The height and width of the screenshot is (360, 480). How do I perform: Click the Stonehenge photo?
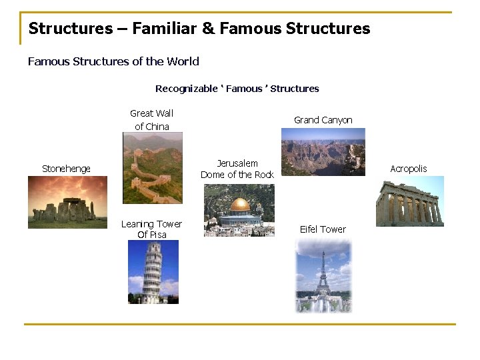tap(67, 202)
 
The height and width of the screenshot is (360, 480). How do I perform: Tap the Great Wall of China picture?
tap(153, 168)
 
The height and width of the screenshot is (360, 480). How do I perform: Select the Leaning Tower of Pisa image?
tap(153, 272)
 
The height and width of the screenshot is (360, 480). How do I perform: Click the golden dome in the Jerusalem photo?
tap(239, 204)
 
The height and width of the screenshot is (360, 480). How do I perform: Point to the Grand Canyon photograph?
tap(323, 152)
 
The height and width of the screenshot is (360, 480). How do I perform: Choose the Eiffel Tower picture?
tap(323, 275)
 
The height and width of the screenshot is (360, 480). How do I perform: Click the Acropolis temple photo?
tap(409, 201)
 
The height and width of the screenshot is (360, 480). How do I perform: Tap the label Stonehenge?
tap(66, 169)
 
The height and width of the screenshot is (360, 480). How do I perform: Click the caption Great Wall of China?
tap(152, 120)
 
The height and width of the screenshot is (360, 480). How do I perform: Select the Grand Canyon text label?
tap(323, 120)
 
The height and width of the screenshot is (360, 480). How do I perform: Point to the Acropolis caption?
tap(409, 169)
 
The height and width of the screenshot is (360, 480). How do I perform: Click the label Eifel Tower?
tap(323, 229)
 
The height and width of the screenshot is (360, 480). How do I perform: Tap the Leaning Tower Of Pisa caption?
tap(151, 229)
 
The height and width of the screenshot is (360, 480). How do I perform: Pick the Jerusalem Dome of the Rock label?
tap(237, 169)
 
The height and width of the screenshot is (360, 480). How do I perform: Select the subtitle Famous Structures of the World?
tap(113, 61)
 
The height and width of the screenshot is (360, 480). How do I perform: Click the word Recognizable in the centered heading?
tap(186, 89)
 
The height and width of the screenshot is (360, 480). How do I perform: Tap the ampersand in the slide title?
tap(207, 29)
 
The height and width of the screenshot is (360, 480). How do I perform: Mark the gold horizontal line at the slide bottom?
tap(240, 324)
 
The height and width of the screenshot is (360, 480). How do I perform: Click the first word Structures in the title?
tap(71, 29)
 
